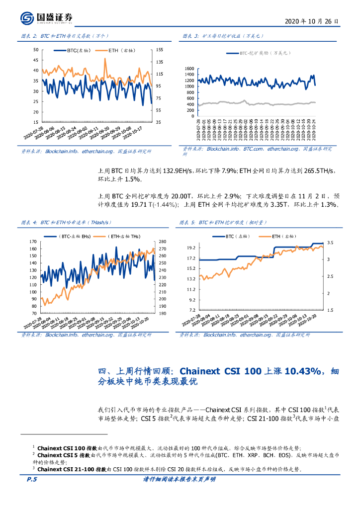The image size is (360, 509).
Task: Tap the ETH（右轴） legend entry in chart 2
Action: click(x=121, y=51)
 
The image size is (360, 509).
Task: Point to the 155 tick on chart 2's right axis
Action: click(x=159, y=50)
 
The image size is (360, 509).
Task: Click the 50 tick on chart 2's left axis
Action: click(x=35, y=50)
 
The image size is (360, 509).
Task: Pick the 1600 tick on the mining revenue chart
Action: click(x=189, y=69)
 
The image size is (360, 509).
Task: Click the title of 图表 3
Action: click(x=221, y=36)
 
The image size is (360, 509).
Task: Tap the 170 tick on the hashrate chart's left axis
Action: click(x=33, y=242)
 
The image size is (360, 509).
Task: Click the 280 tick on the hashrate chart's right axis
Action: click(x=163, y=242)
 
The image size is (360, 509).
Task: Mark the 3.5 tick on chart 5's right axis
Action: click(x=330, y=242)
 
